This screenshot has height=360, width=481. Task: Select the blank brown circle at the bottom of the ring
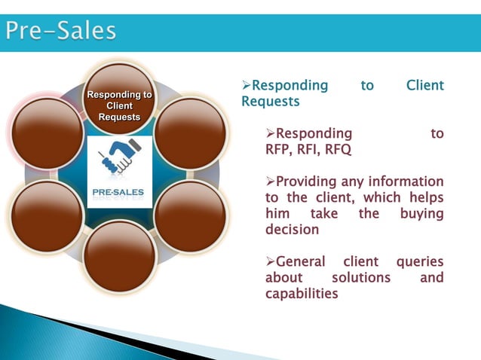pyautogui.click(x=119, y=256)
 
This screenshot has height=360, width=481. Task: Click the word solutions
pyautogui.click(x=358, y=278)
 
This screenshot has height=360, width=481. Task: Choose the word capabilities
pyautogui.click(x=302, y=294)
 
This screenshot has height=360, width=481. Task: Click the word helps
pyautogui.click(x=424, y=198)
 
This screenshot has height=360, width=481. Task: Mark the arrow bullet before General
pyautogui.click(x=271, y=262)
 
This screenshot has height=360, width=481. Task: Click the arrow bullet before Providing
pyautogui.click(x=271, y=182)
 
